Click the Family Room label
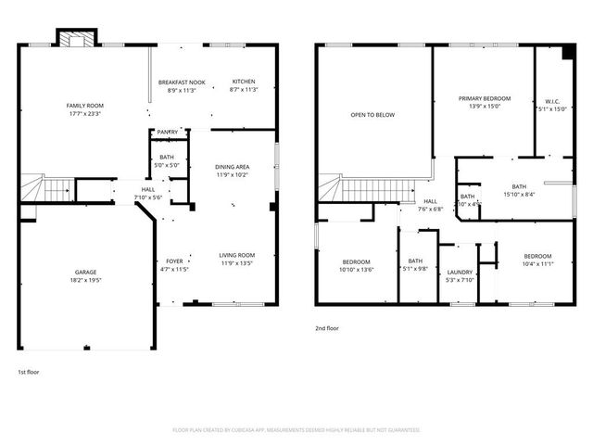(83, 106)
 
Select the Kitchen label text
(243, 82)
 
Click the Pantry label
(168, 132)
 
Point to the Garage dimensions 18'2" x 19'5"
(85, 280)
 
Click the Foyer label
(174, 261)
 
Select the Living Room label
(237, 255)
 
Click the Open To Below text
(372, 115)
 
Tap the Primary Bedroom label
(484, 97)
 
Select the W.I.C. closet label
(552, 101)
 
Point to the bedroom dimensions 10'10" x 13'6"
(357, 270)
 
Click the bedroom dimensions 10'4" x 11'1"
(537, 264)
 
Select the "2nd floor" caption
(328, 327)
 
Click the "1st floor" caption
(29, 371)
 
